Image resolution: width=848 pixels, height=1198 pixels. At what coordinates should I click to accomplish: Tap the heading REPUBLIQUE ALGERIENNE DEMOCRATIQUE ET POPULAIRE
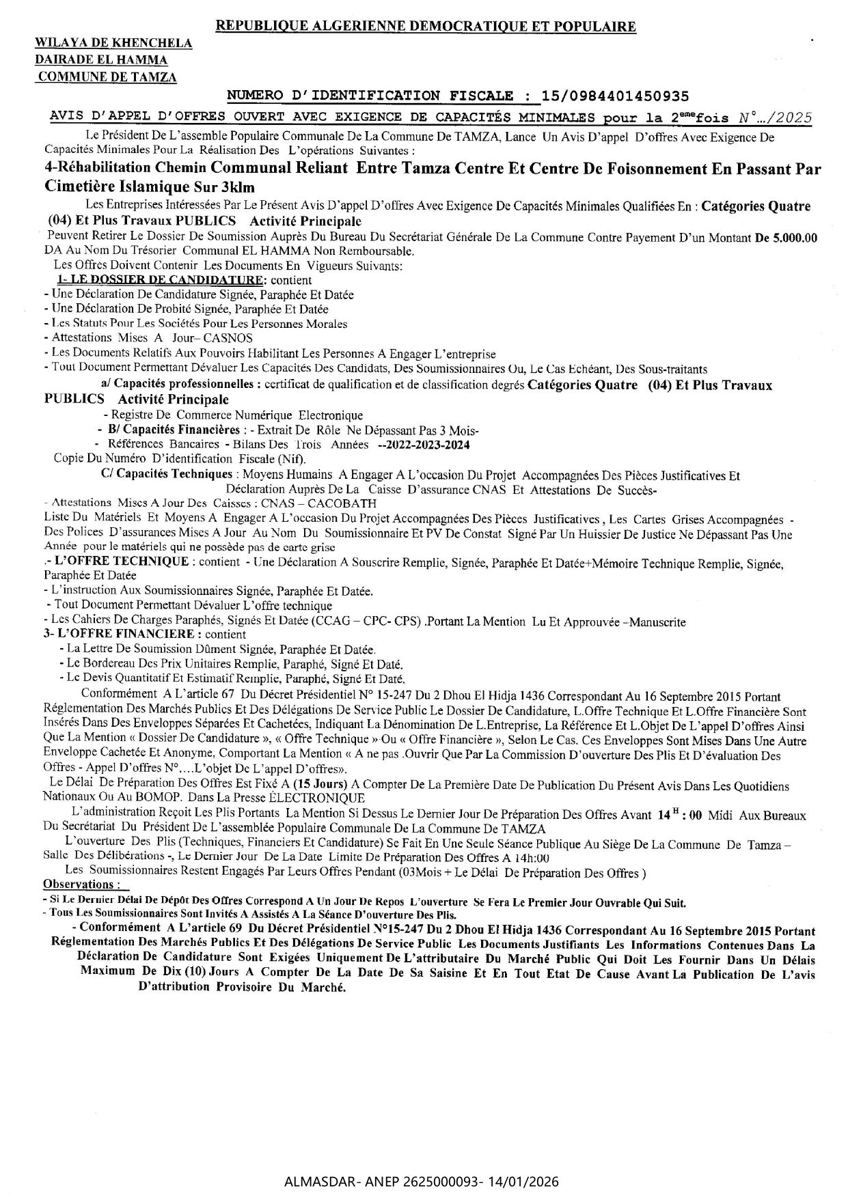click(x=426, y=27)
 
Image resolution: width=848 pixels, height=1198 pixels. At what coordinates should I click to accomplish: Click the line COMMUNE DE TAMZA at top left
click(x=107, y=77)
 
